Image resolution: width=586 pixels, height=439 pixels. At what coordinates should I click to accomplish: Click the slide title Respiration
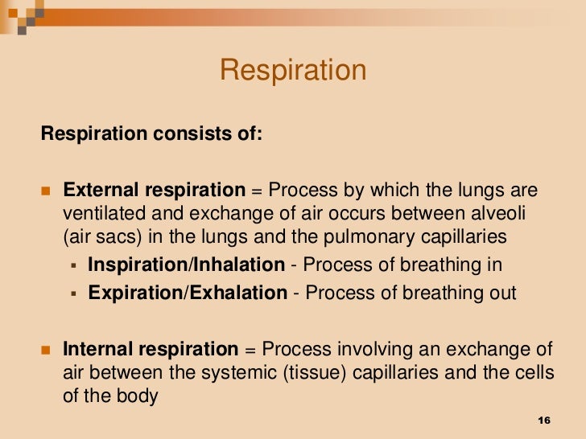(x=293, y=71)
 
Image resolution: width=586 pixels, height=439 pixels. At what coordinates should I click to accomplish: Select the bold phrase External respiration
(x=154, y=191)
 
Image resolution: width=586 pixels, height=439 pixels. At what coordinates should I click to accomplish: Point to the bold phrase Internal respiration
(x=151, y=350)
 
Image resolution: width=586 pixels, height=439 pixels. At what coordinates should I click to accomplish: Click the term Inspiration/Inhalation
(x=186, y=265)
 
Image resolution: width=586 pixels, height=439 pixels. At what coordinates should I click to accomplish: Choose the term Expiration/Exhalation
(x=188, y=293)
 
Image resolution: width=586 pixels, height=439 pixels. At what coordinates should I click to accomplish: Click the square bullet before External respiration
(x=45, y=192)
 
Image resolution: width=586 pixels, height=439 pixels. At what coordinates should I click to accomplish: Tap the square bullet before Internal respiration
(x=45, y=351)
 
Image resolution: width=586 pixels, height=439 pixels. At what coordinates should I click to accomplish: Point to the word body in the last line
(x=139, y=396)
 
